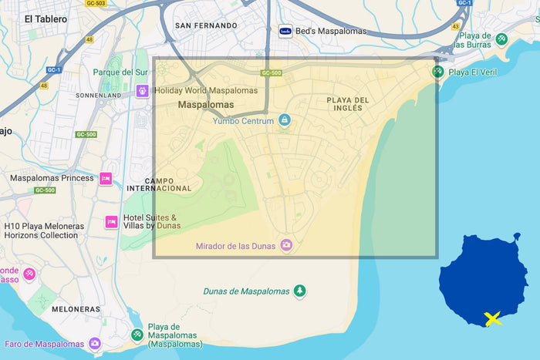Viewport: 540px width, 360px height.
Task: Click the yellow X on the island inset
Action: coord(492,318)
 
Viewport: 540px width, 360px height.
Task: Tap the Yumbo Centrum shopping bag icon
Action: coord(285,120)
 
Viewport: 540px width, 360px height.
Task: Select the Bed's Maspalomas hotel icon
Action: coord(285,32)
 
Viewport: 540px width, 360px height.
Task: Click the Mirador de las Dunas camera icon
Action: coord(286,245)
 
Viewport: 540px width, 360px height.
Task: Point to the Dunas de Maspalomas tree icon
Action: coord(299,291)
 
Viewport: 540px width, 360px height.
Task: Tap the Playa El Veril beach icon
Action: coord(437,72)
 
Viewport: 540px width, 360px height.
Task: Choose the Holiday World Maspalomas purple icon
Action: coord(143,91)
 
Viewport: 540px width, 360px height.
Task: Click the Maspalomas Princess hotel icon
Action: coord(106,178)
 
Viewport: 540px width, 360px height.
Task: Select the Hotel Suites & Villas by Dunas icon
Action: coord(111,222)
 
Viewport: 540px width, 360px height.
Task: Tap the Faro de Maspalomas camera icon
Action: coord(95,343)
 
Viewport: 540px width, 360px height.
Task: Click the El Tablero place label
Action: coord(46,19)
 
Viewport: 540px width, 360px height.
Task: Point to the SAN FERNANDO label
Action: coord(206,25)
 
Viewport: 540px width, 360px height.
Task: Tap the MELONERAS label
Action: coord(76,309)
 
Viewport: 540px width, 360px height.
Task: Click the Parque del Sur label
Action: coord(120,72)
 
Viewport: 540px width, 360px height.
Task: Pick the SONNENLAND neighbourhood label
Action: coord(98,96)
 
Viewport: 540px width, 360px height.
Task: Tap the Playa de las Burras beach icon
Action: coord(501,38)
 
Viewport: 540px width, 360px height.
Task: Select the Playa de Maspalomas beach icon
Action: coord(137,335)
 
